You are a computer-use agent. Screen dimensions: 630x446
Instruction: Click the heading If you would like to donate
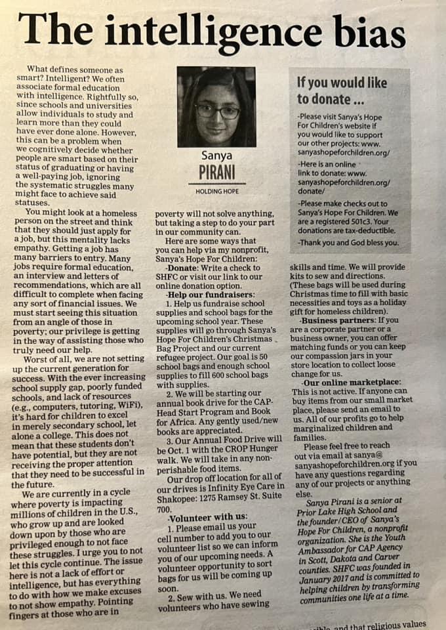pyautogui.click(x=342, y=91)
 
